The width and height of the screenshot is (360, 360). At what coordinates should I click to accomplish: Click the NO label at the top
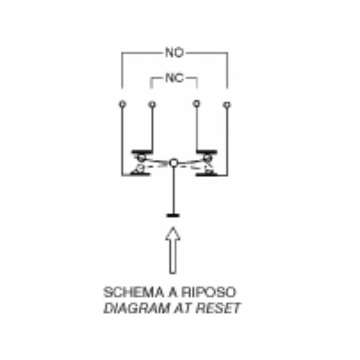coord(175,53)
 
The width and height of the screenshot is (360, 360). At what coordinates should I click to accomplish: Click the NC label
coord(175,78)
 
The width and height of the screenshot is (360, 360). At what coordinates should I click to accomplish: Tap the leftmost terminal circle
coord(122,104)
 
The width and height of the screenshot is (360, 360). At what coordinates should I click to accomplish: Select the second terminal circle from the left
coord(152,105)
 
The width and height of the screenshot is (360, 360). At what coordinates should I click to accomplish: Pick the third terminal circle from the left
coord(196,103)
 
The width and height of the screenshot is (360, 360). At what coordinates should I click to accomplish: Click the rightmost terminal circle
coord(227,105)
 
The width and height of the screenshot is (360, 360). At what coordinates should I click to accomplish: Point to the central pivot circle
coord(174,163)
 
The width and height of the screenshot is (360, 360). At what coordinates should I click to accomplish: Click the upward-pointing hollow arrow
coord(173,250)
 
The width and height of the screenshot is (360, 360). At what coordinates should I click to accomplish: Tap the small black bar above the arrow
coord(173,216)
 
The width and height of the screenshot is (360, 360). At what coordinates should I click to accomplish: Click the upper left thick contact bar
coord(142,152)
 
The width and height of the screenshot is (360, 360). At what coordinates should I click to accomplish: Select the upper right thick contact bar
coord(207,152)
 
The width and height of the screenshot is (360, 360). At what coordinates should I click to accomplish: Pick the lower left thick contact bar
coord(140,174)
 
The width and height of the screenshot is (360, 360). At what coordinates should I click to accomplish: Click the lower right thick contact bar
coord(206,174)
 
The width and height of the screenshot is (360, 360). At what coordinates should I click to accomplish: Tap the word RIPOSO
coord(209,292)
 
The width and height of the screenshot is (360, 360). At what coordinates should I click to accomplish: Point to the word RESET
coord(218,308)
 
